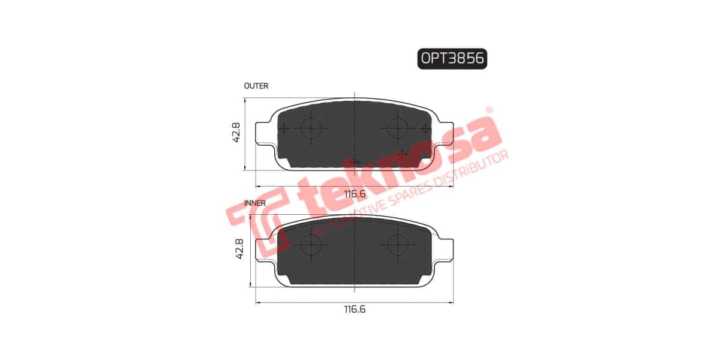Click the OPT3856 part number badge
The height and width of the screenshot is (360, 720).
(452, 58)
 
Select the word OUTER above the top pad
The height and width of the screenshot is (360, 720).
(256, 86)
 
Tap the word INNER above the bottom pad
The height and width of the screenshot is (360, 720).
(255, 203)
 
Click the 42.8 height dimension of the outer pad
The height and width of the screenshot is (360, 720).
(236, 133)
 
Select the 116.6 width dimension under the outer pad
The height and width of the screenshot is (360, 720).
(355, 193)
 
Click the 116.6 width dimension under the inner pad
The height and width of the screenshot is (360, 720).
(355, 310)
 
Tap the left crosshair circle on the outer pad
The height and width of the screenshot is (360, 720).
(311, 127)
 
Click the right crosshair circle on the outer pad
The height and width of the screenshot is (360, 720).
(397, 127)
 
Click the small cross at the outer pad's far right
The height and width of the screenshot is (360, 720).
(425, 128)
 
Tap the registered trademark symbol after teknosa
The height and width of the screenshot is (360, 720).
(489, 110)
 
